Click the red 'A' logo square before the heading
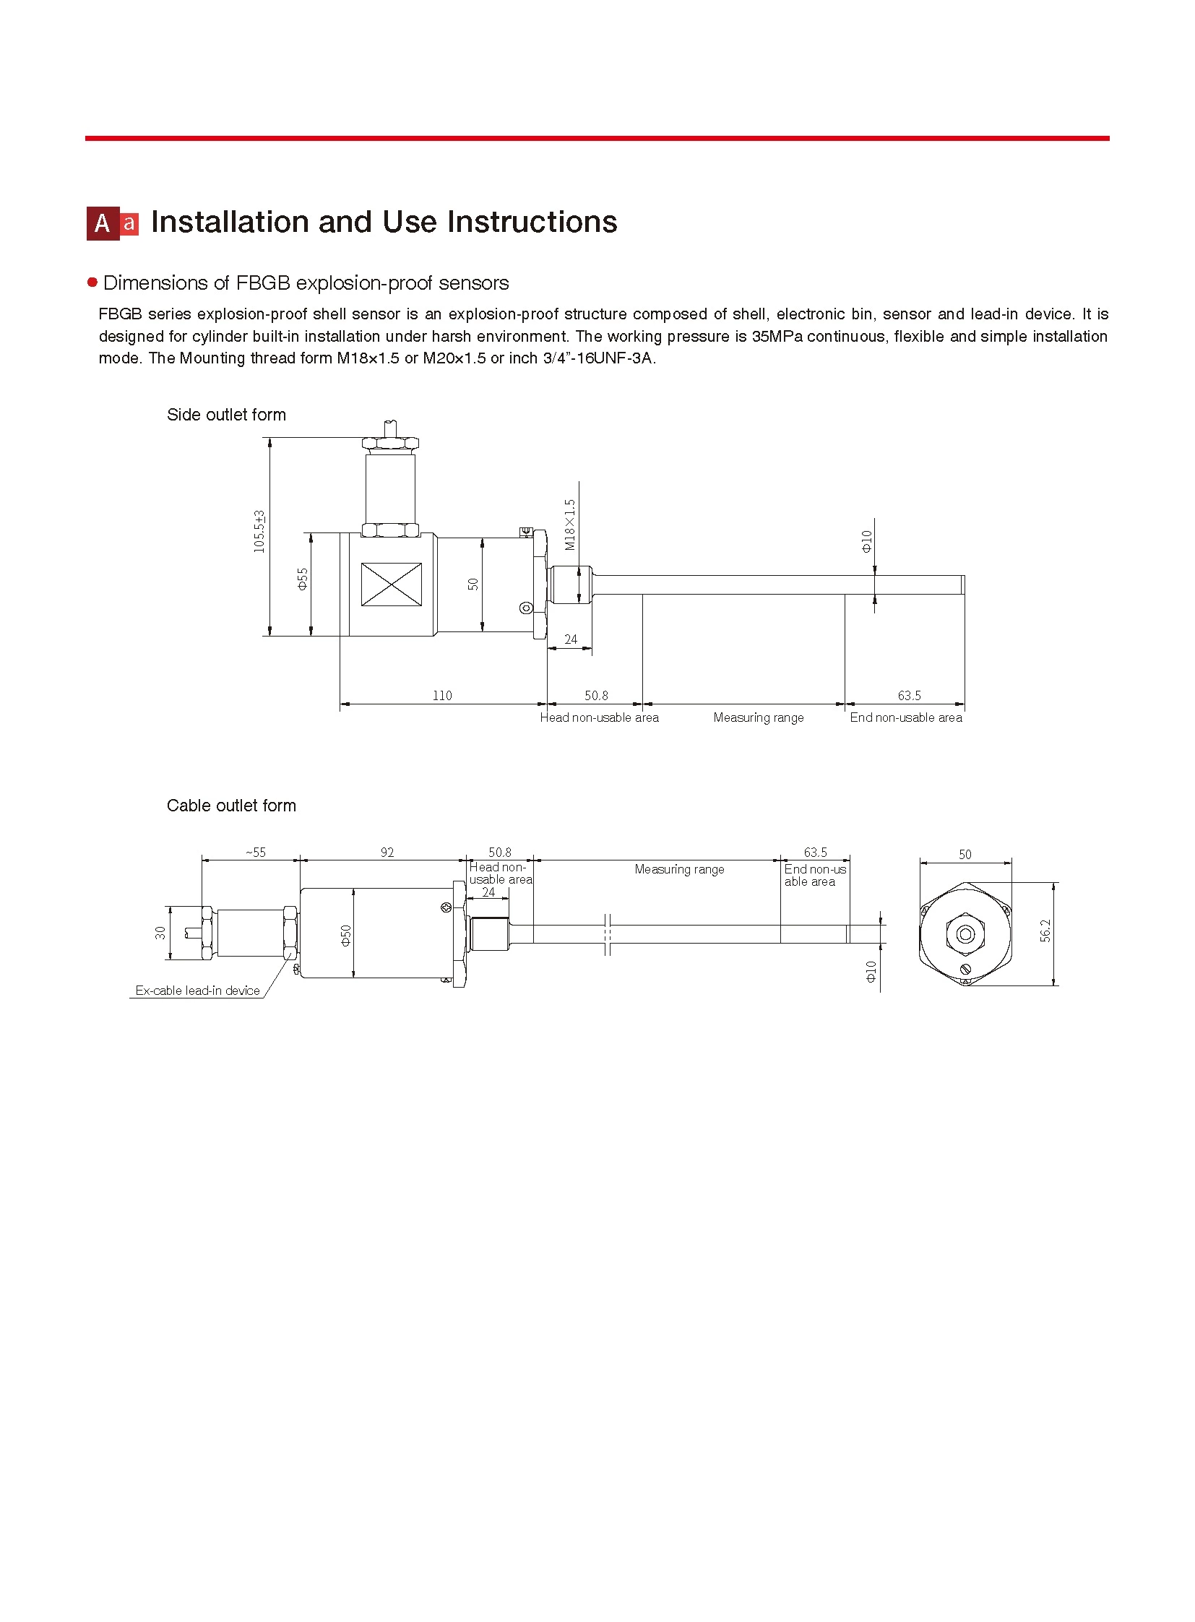103,223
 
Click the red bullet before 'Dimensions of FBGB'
92,282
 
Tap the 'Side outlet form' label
226,415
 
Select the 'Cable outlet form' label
230,805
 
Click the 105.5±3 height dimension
259,532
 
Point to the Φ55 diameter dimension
303,579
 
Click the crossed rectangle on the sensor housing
392,584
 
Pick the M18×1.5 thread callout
570,525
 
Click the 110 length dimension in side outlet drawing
442,695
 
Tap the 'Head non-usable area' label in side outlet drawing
599,717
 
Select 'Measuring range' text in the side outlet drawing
758,717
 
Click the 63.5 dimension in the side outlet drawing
910,695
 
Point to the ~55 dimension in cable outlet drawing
255,853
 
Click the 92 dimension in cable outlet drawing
387,853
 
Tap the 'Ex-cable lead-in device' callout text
197,991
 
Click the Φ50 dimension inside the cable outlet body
346,935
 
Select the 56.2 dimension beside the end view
1045,931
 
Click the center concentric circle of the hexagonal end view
965,934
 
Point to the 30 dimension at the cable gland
160,933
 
